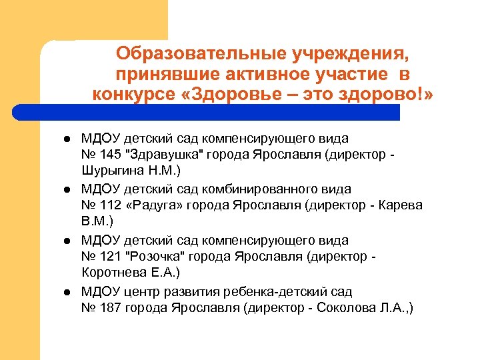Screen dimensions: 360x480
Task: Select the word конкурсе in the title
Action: [131, 95]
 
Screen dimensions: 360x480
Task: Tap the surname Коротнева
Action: [111, 273]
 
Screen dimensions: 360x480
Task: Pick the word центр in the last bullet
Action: [141, 291]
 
